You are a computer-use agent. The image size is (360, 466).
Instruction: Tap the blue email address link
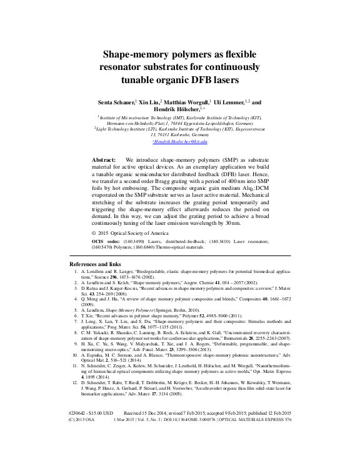click(x=179, y=142)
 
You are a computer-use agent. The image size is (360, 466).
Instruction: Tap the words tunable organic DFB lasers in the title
click(x=179, y=80)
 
